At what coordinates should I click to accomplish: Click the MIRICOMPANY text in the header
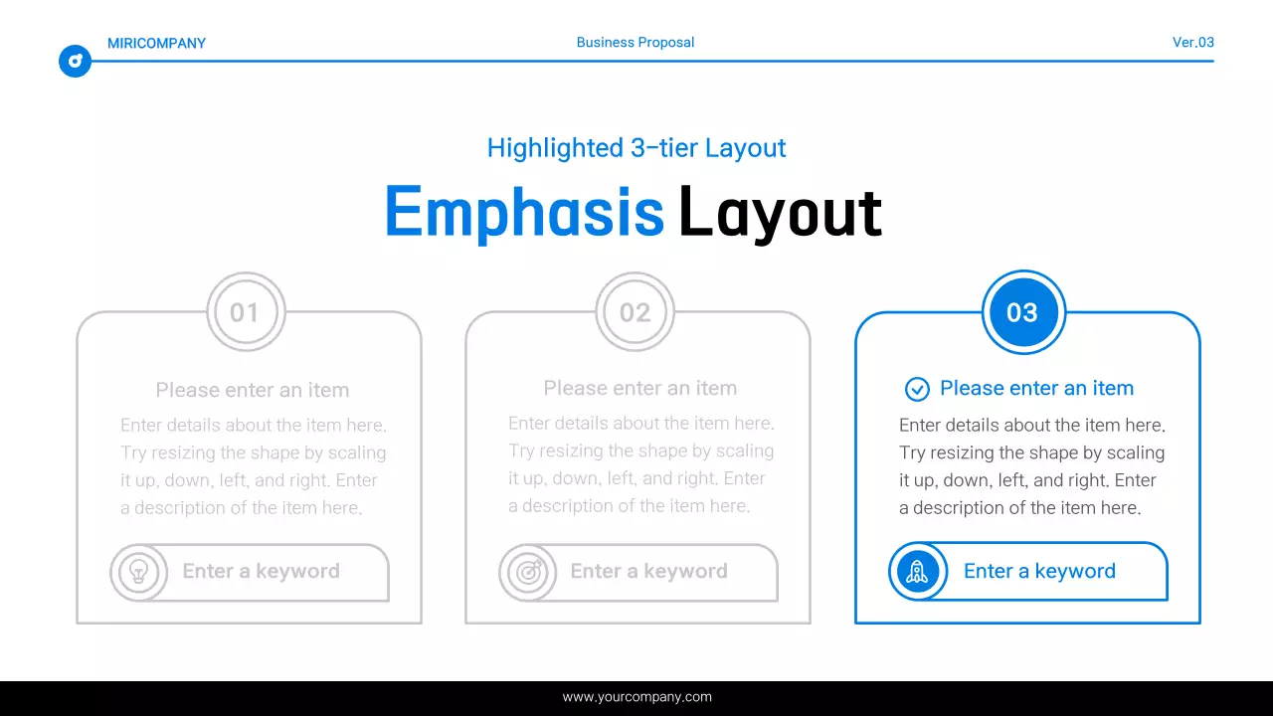[x=156, y=43]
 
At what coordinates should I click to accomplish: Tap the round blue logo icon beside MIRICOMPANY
[x=75, y=62]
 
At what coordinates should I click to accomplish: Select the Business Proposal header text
[x=636, y=43]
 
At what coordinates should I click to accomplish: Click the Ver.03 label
[x=1192, y=43]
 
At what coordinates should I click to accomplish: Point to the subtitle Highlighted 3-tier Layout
[x=636, y=148]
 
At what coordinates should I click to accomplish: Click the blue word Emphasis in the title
[x=524, y=212]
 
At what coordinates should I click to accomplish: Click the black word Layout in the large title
[x=780, y=212]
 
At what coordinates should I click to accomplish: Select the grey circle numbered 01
[x=245, y=312]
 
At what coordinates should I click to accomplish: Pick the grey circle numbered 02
[x=635, y=312]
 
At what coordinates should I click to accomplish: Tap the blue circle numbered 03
[x=1023, y=312]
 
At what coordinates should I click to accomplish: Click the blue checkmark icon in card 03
[x=917, y=389]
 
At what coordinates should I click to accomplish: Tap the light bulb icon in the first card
[x=138, y=572]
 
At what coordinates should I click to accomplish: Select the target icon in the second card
[x=527, y=572]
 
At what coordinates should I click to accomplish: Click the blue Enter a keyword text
[x=1039, y=571]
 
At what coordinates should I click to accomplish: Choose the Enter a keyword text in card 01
[x=261, y=571]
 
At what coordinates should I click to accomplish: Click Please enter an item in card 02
[x=639, y=388]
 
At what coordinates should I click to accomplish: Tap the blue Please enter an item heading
[x=1036, y=388]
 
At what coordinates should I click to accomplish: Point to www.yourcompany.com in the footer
[x=636, y=697]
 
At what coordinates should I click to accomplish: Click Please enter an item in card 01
[x=253, y=390]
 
